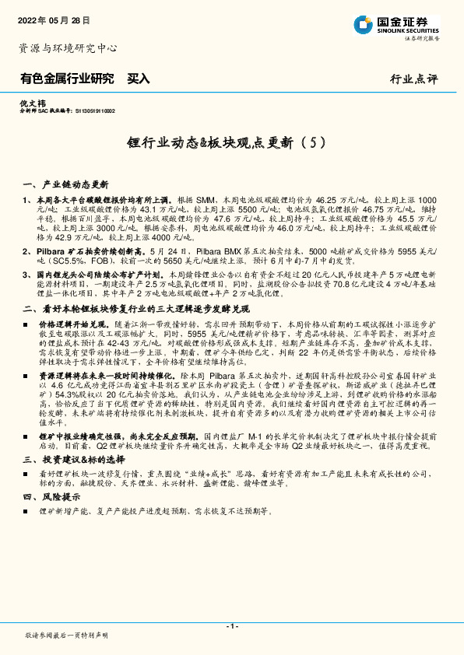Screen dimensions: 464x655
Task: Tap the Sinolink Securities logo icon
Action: click(362, 23)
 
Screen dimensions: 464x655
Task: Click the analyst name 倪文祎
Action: click(29, 103)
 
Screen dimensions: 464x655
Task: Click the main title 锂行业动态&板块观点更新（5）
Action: click(231, 143)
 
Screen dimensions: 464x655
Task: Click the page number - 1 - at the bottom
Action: click(231, 625)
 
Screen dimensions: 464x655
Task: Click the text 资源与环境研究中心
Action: click(67, 47)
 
